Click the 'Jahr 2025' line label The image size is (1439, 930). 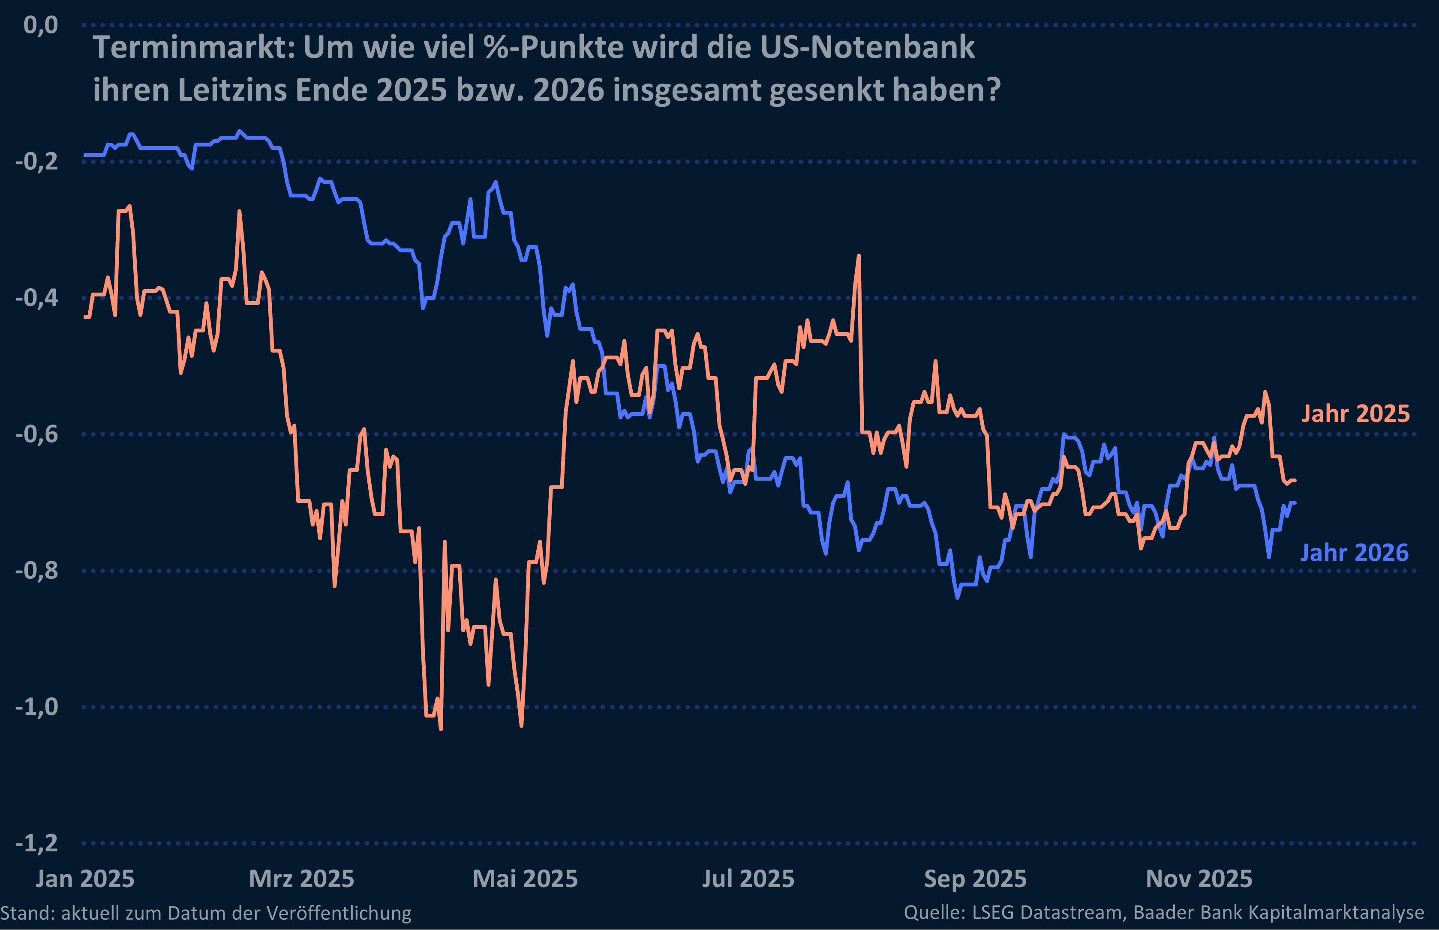click(x=1355, y=414)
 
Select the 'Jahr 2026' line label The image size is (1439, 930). click(x=1354, y=553)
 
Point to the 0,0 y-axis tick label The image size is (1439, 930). click(x=40, y=25)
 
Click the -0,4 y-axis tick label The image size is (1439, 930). click(x=37, y=298)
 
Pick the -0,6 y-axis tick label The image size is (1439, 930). click(x=37, y=434)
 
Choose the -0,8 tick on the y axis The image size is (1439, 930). click(x=37, y=570)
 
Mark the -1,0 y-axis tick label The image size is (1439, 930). click(x=37, y=706)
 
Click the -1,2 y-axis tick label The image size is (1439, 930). click(x=37, y=843)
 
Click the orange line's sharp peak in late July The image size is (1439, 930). click(x=859, y=256)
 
